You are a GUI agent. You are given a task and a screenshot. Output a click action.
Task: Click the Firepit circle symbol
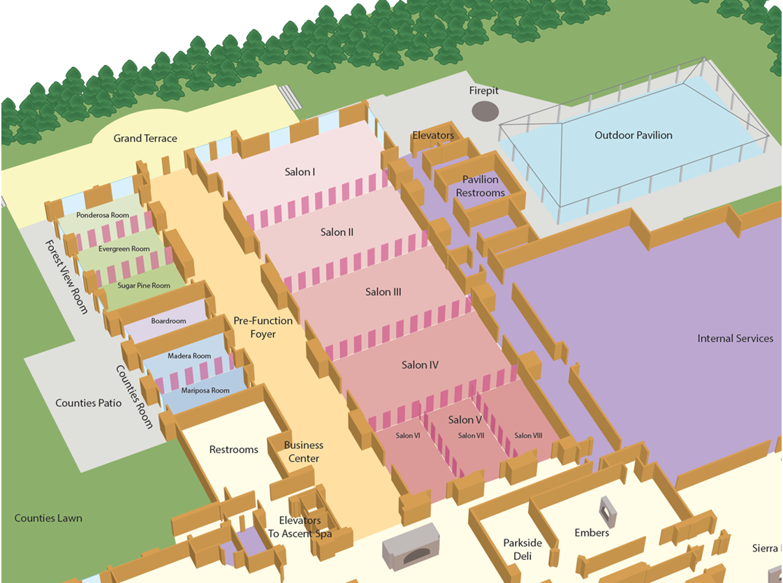pos(485,110)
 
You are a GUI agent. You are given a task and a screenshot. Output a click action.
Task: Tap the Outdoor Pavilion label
pos(633,135)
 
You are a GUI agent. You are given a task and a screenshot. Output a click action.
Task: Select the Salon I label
pos(300,172)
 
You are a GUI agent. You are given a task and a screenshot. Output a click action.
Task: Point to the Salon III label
pos(383,292)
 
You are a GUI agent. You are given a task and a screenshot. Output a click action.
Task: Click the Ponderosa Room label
pos(103,215)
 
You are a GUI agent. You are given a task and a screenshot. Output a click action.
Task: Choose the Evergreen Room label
pos(124,249)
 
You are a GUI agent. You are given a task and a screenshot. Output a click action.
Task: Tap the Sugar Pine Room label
pos(144,285)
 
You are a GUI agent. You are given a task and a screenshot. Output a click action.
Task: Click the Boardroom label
pos(168,321)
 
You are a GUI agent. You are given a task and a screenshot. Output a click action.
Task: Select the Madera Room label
pos(189,356)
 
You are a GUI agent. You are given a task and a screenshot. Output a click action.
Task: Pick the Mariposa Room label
pos(205,391)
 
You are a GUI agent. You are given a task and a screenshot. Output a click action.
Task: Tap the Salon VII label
pos(471,436)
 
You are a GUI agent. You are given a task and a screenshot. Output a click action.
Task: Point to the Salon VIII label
pos(528,436)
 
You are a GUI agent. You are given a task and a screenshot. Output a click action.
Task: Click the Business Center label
pos(304,452)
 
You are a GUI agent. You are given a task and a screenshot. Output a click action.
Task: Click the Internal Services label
pos(735,338)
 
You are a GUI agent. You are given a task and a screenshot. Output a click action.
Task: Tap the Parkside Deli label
pos(522,549)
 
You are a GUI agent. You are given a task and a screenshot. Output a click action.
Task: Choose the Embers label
pos(592,533)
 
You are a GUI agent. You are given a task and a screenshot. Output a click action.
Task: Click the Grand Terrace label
pos(145,138)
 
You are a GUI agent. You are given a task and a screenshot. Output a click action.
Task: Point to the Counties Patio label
pos(89,403)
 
